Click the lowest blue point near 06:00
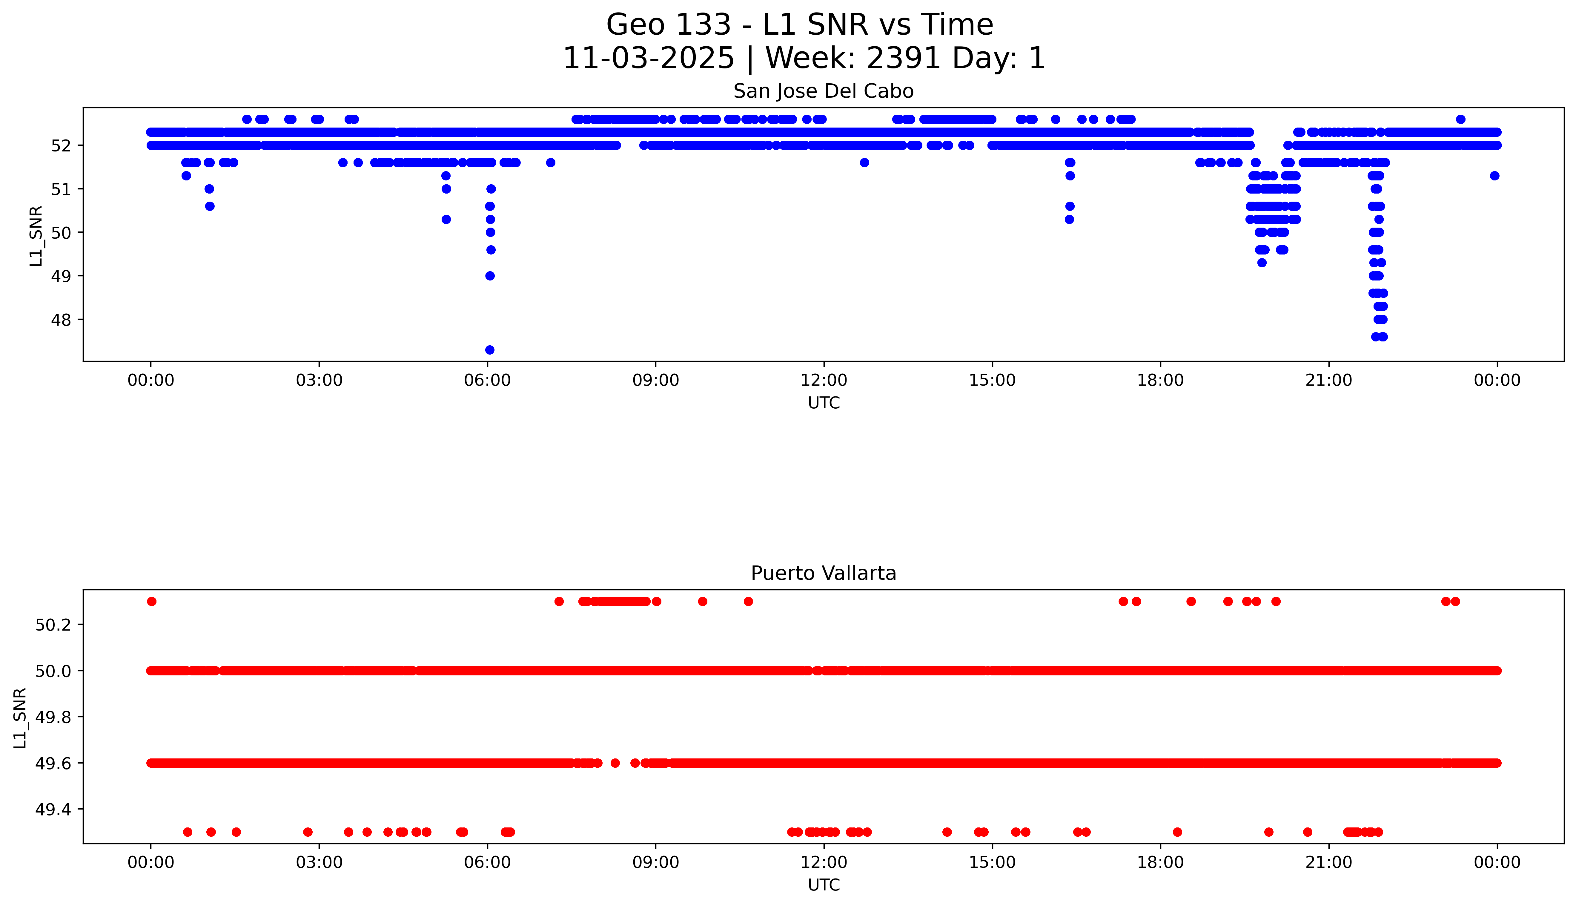click(489, 350)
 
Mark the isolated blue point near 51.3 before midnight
click(1494, 175)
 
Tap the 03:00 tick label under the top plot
click(319, 380)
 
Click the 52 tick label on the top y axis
click(65, 145)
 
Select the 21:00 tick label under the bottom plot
click(1328, 862)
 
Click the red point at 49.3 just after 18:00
click(1177, 832)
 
